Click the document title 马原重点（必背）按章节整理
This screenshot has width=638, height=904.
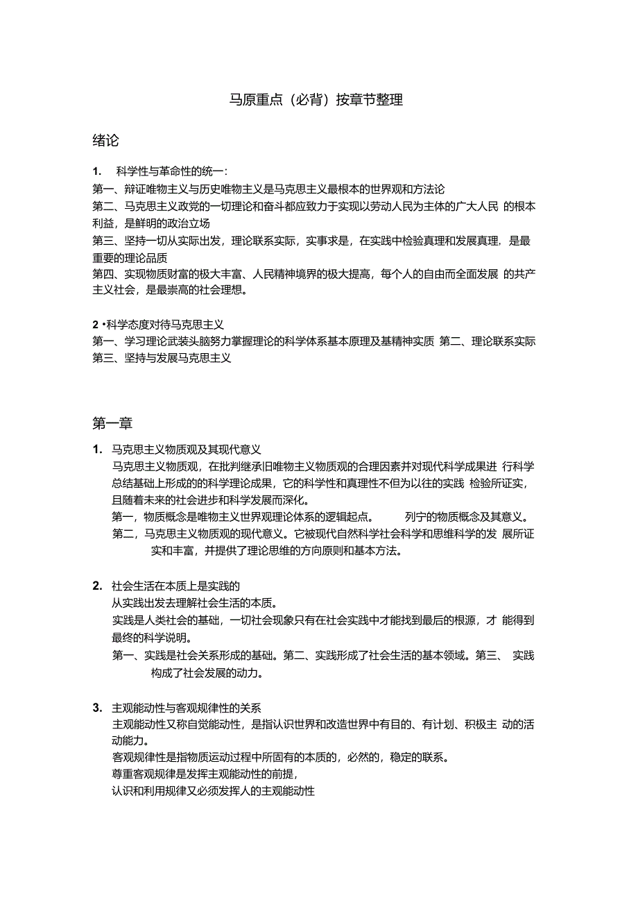coord(316,100)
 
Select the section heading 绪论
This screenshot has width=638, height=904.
coord(105,141)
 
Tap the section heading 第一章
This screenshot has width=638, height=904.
coord(112,423)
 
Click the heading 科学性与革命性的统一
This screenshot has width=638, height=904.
coord(173,171)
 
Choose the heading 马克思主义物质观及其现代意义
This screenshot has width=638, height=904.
coord(186,450)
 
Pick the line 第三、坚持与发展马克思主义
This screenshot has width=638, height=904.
coord(162,358)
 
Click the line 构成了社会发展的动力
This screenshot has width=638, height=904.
coord(206,673)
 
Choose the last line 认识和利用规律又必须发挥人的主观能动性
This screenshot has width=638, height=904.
coord(214,790)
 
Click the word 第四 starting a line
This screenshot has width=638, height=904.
coord(103,274)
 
